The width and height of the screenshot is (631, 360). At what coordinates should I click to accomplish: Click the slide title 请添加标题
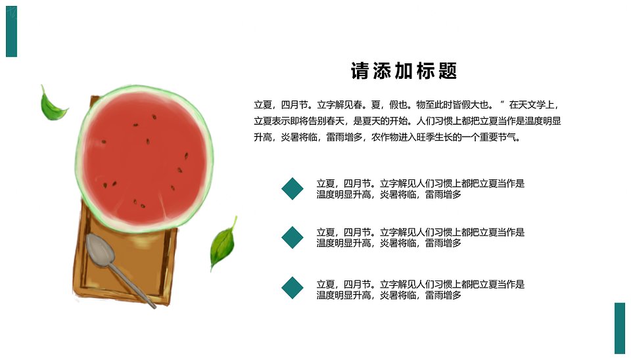click(x=404, y=71)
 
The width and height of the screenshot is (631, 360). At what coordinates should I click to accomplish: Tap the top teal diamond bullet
click(x=292, y=189)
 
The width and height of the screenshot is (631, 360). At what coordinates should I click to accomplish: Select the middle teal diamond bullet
click(x=292, y=237)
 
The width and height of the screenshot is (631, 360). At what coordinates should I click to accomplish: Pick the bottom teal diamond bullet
click(x=292, y=288)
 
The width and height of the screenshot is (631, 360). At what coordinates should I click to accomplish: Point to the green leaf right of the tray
click(x=223, y=244)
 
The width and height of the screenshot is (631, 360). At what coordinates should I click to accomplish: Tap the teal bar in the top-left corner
click(x=11, y=32)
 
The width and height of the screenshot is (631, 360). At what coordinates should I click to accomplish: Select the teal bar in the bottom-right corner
click(x=620, y=328)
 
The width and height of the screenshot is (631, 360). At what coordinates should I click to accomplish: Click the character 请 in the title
click(x=360, y=71)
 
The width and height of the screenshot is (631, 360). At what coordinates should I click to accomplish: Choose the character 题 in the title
click(x=448, y=71)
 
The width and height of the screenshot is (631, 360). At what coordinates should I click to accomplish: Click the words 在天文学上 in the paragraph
click(x=531, y=105)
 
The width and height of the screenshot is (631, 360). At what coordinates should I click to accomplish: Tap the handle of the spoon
click(x=133, y=286)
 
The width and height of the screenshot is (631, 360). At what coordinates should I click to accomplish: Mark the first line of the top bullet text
click(x=421, y=183)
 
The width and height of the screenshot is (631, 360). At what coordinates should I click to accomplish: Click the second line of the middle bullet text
click(x=388, y=243)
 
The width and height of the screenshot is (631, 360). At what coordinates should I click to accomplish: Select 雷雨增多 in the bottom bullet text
click(x=443, y=295)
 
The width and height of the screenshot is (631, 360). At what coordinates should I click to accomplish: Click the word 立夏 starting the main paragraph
click(x=263, y=105)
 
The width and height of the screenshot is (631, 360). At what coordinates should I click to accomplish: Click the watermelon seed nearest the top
click(x=154, y=117)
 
